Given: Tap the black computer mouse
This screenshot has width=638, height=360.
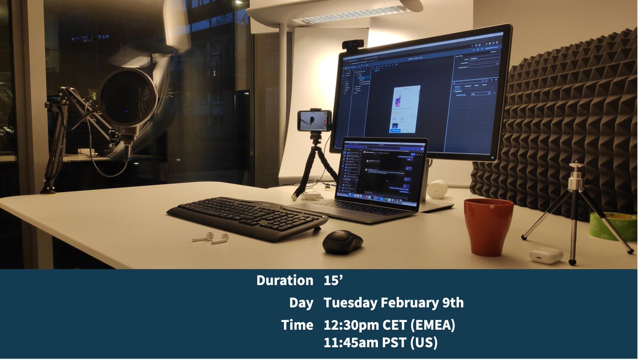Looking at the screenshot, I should coord(342,242).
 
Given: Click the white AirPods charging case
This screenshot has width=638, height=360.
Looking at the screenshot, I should coord(545,255).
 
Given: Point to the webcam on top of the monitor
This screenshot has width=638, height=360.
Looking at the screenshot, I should coord(352,45).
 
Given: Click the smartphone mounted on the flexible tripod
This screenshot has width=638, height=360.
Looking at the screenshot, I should coord(314,121).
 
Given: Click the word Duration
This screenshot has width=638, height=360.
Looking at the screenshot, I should coord(285,280).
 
